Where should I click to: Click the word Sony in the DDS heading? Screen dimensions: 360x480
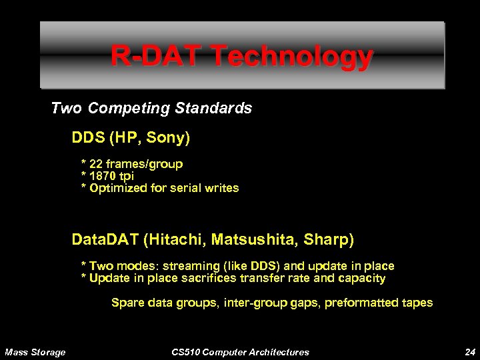pyautogui.click(x=170, y=139)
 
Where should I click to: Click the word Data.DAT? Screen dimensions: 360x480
pyautogui.click(x=104, y=238)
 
